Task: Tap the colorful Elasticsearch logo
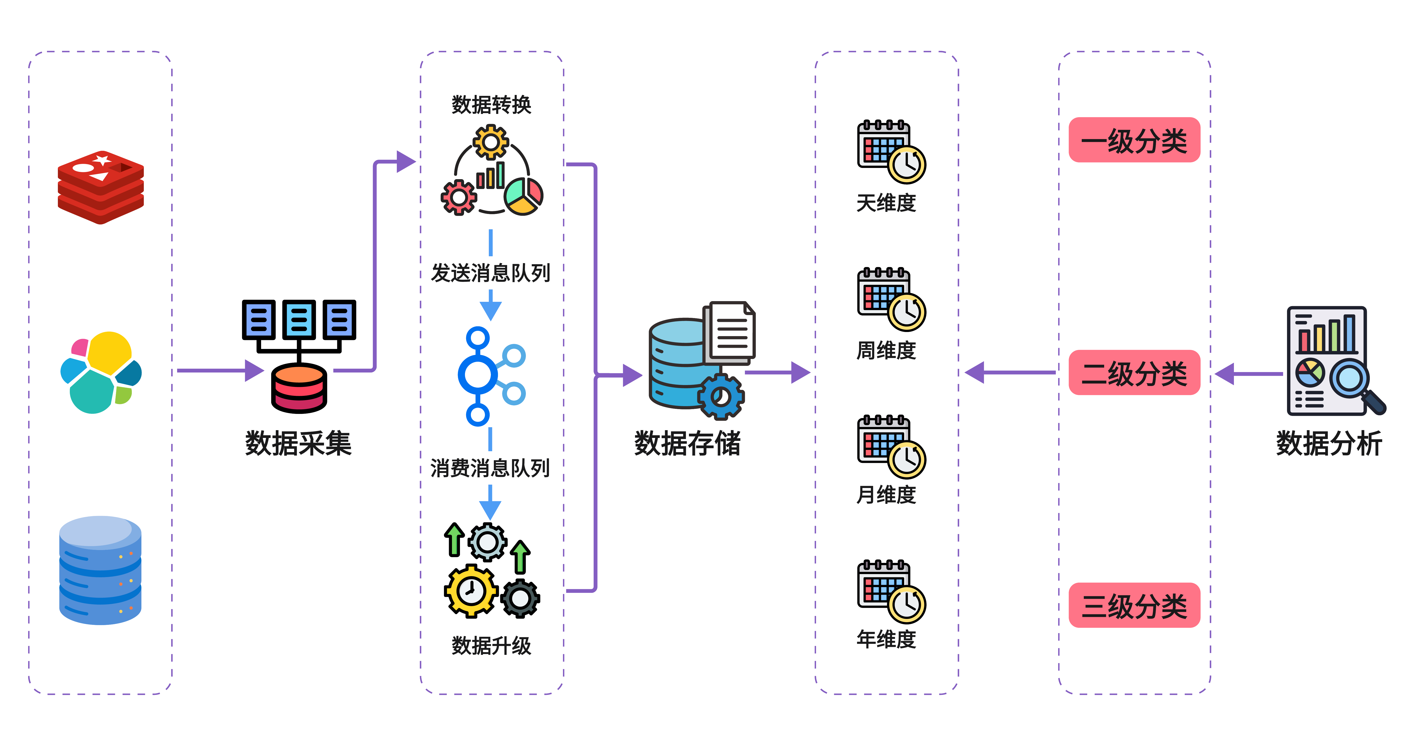coord(101,373)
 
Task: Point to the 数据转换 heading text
coord(491,105)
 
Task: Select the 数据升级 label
coord(491,646)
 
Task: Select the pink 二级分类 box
coord(1134,373)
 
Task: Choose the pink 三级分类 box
coord(1134,605)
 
